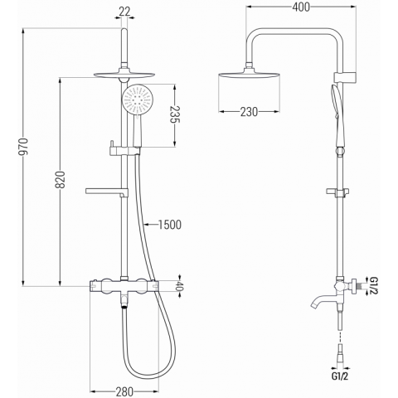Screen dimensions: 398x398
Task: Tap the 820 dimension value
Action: pyautogui.click(x=61, y=180)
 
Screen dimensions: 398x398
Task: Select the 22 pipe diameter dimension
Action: pyautogui.click(x=124, y=12)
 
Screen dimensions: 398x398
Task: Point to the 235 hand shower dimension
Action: pyautogui.click(x=175, y=114)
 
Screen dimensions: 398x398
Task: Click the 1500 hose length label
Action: pyautogui.click(x=170, y=225)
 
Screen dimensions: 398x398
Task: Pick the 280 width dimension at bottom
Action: pyautogui.click(x=124, y=391)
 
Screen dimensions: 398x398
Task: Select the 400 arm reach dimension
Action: pyautogui.click(x=301, y=7)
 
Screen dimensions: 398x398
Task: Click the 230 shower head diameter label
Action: pyautogui.click(x=249, y=112)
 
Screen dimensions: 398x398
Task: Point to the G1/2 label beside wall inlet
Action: pyautogui.click(x=373, y=285)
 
